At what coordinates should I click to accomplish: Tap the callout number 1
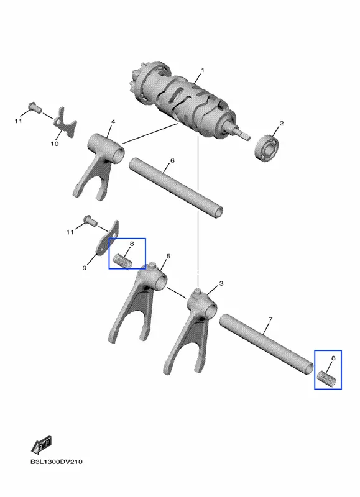203,70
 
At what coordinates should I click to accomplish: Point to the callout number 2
281,123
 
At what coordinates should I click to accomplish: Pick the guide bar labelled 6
175,188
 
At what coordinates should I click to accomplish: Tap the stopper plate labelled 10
65,122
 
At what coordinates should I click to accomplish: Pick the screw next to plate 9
90,221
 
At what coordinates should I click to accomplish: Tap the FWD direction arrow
42,445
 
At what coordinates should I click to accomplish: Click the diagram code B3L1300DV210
57,462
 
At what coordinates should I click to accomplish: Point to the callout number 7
270,319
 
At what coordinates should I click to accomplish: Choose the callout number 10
55,144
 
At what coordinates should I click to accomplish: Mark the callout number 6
172,161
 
